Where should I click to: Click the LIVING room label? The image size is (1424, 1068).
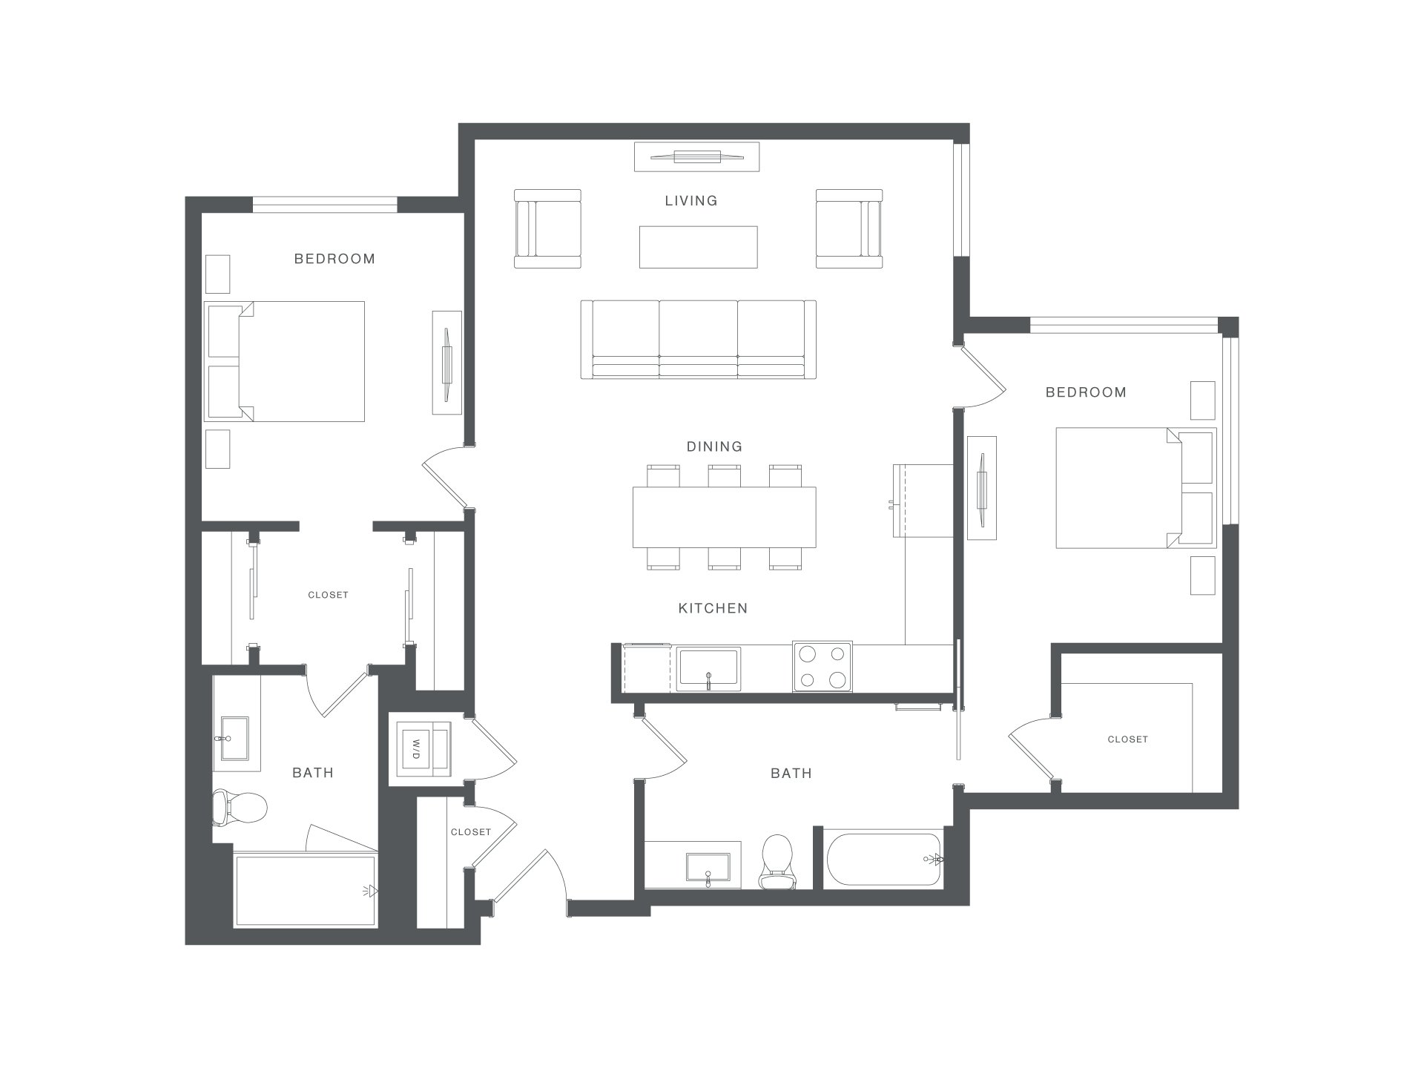(691, 200)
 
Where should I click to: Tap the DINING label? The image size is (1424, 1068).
(714, 446)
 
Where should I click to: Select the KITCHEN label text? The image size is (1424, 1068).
(713, 608)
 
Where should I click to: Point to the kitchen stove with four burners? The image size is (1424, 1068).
(823, 666)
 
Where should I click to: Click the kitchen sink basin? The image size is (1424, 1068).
(708, 669)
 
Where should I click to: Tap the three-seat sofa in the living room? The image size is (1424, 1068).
(698, 340)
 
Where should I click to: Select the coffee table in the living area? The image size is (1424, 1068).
(699, 247)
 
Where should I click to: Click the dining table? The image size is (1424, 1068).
(724, 517)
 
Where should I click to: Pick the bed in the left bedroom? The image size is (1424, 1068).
(285, 361)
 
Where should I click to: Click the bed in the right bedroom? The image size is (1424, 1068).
(1135, 487)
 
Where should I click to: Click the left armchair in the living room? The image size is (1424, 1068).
(547, 228)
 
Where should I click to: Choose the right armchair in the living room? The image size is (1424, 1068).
(849, 228)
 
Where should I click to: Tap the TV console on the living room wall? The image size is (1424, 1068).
(697, 156)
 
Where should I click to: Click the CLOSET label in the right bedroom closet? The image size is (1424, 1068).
(1127, 739)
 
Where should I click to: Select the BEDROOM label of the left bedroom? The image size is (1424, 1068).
(334, 259)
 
